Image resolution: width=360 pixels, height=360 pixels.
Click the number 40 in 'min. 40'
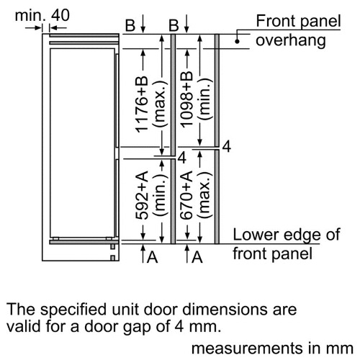[60, 15]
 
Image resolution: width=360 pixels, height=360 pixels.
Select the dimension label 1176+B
[142, 104]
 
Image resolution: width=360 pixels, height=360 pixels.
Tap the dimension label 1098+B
[186, 99]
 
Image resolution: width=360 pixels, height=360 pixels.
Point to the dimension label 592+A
[142, 195]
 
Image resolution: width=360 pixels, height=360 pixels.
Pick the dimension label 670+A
[186, 195]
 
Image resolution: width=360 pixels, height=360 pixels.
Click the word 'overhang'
[291, 40]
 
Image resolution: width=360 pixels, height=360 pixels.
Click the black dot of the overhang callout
[237, 42]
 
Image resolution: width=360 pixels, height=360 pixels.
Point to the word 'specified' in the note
[73, 310]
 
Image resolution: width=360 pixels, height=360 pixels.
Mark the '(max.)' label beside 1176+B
[160, 104]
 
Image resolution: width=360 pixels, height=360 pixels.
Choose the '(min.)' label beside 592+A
[160, 195]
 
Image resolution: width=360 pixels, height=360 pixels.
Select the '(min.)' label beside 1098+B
[204, 99]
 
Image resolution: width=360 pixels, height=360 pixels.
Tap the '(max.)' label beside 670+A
[204, 195]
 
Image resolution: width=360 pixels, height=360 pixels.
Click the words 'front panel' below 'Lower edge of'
[273, 253]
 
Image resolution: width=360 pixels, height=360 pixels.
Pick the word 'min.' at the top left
[30, 15]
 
